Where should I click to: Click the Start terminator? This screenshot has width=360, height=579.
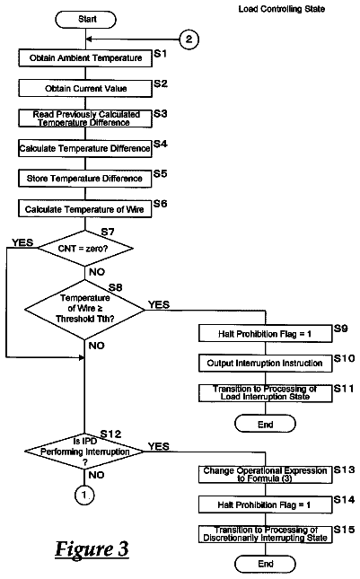tap(85, 20)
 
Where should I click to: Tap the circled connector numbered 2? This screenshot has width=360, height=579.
tap(189, 39)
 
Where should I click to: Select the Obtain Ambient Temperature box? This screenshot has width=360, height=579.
tap(85, 58)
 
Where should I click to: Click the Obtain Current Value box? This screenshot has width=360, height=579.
tap(85, 89)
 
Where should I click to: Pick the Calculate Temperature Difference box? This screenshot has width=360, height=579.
tap(85, 148)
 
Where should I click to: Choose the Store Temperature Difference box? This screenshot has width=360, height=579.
tap(85, 179)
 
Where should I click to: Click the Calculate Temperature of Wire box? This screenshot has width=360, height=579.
tap(85, 209)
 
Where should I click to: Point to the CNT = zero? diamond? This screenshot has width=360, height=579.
tap(85, 248)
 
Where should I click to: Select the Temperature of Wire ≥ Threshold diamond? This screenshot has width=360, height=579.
tap(85, 310)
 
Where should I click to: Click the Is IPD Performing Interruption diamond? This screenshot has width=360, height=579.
tap(84, 452)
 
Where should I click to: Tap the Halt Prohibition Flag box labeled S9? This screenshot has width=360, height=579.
tap(265, 334)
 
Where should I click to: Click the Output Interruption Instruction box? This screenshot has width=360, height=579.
tap(265, 364)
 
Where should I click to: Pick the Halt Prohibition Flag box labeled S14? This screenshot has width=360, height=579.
tap(265, 504)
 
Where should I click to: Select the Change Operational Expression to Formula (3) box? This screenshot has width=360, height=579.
tap(265, 475)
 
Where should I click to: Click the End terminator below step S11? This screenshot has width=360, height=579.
tap(265, 424)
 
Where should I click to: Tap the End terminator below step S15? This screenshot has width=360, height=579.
tap(265, 564)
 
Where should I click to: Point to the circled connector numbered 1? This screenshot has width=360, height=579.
tap(84, 495)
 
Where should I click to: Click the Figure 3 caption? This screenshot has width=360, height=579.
tap(92, 548)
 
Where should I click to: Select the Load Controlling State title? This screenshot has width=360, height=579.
tap(282, 9)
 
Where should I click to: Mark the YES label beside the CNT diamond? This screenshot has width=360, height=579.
tap(22, 242)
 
